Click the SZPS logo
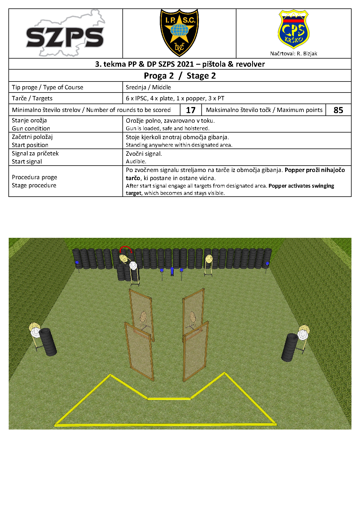coord(65,33)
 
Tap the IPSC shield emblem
coord(179,32)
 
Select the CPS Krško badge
coord(293,29)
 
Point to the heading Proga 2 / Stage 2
coord(180,76)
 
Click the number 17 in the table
coord(191,110)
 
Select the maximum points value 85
coord(338,110)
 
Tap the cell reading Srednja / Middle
coord(148,87)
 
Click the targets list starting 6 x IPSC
coord(175,98)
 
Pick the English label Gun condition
coord(31,128)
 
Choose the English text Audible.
coord(136,162)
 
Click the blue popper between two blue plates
coord(172,271)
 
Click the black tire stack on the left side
coord(48,342)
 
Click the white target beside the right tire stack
coord(302,335)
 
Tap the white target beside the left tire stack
coord(35,333)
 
